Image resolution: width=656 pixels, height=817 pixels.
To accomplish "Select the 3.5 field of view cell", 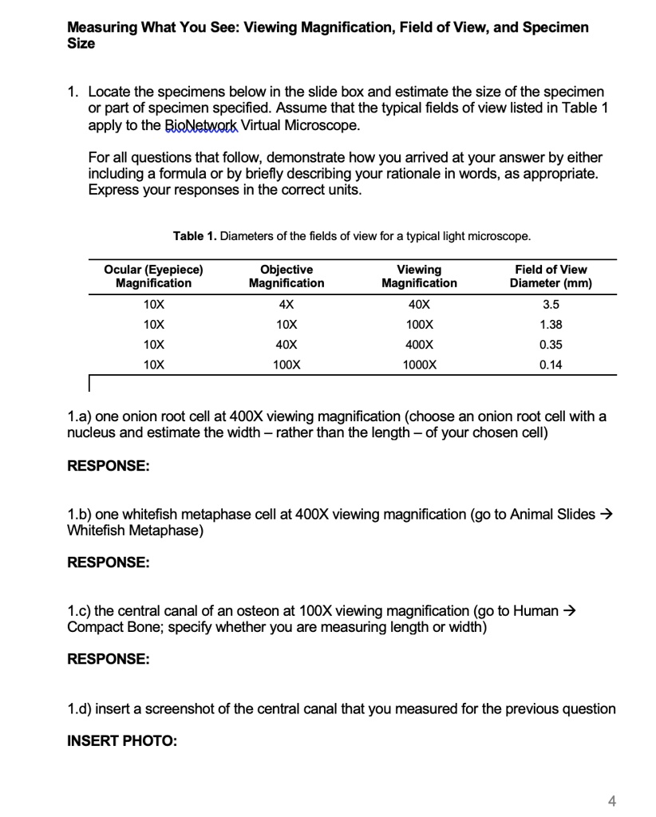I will click(x=551, y=305).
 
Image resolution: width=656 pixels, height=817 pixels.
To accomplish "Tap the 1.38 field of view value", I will click(x=551, y=325).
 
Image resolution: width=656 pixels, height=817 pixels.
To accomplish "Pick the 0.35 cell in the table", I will click(x=551, y=345).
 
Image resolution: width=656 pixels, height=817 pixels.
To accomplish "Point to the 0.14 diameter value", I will click(x=551, y=365).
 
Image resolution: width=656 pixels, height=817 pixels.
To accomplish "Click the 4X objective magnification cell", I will click(x=287, y=305).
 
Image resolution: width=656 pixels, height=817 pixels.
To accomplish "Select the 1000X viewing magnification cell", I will click(x=419, y=365).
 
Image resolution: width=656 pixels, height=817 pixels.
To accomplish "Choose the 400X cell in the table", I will click(x=419, y=345).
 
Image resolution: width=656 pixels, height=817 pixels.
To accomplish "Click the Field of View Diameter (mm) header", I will click(x=551, y=276).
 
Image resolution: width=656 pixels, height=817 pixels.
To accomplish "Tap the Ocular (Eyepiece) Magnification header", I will click(x=154, y=276).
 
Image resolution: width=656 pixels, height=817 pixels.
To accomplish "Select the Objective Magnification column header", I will click(x=287, y=276).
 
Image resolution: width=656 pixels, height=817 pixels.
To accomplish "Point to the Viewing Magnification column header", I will click(x=419, y=276).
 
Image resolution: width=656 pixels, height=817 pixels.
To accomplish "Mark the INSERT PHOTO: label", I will click(x=121, y=740).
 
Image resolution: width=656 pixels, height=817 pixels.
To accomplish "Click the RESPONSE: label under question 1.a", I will click(x=108, y=466).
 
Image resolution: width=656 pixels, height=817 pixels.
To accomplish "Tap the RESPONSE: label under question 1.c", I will click(x=108, y=660).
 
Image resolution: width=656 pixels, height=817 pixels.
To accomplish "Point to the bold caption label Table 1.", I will click(x=195, y=235).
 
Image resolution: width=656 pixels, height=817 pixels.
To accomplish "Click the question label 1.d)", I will click(x=81, y=708).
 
